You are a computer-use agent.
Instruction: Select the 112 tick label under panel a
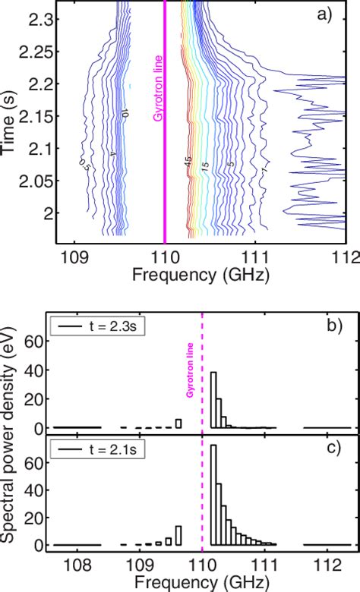tap(345, 257)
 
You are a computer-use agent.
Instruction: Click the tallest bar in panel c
tap(213, 495)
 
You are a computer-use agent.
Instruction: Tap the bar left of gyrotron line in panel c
tap(178, 536)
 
